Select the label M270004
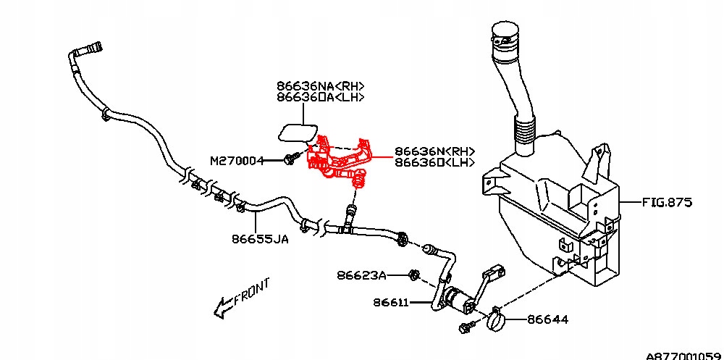coord(237,160)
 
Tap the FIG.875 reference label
coord(667,202)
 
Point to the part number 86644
coord(547,319)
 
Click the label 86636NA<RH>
coord(320,85)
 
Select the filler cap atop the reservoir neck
coord(505,34)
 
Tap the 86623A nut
coord(414,275)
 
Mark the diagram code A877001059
coord(683,355)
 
